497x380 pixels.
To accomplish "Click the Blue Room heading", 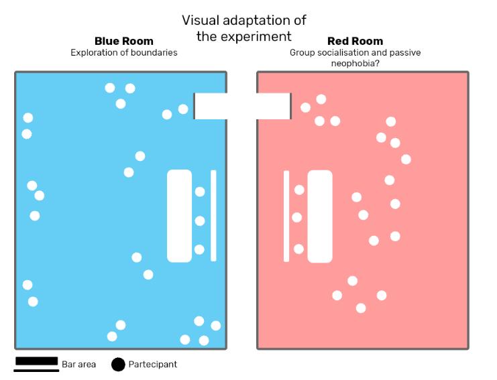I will (124, 42).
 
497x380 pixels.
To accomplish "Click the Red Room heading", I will (355, 42).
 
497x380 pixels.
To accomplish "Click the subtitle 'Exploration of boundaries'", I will (124, 52).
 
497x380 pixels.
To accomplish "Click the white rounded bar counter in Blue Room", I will (179, 216).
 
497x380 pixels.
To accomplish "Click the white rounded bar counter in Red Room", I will (320, 216).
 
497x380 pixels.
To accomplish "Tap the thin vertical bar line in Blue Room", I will (213, 216).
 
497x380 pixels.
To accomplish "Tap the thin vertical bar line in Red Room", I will (286, 216).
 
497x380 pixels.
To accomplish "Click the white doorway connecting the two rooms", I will (242, 106).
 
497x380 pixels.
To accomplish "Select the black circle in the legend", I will (118, 365).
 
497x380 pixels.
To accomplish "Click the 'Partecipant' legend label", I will (153, 365).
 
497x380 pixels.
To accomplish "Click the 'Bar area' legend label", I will (79, 365).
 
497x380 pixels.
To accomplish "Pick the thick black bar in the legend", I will (36, 361).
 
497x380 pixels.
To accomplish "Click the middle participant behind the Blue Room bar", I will (199, 220).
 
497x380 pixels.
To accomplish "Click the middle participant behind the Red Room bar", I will (297, 217).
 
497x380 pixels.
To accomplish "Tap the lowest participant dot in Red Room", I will (361, 308).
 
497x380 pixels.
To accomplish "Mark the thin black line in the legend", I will (36, 369).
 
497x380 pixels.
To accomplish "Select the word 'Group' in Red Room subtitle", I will (302, 52).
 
